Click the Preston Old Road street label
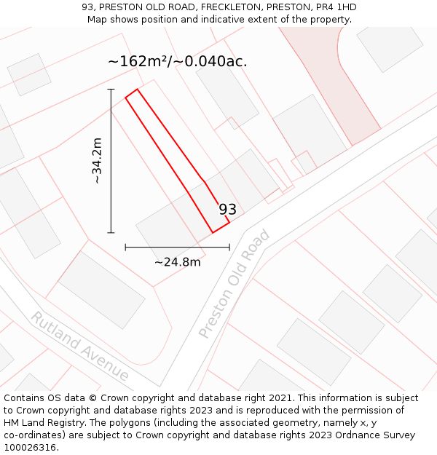235,284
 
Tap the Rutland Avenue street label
79,347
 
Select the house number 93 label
228,210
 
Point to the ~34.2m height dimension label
96,161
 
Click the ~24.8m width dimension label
177,262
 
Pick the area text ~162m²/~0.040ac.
177,61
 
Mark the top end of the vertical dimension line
111,90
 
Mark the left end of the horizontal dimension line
125,247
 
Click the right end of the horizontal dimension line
229,247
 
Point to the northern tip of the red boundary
136,90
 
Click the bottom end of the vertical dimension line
111,233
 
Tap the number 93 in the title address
88,7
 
